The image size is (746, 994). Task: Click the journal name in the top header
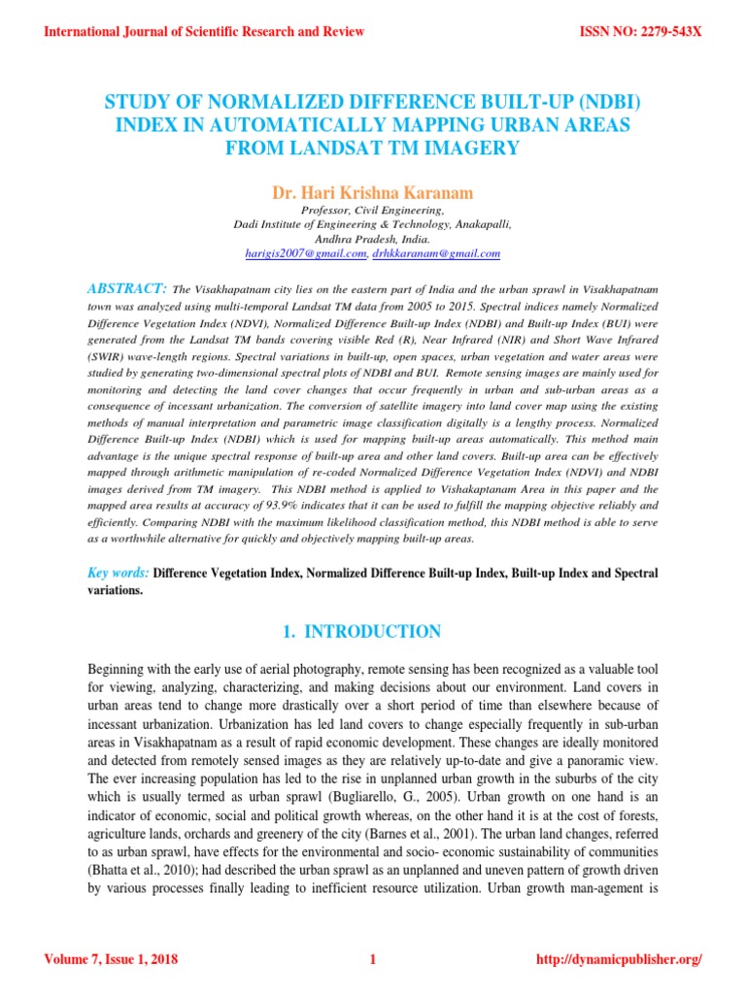pyautogui.click(x=205, y=32)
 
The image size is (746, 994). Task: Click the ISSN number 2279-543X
pyautogui.click(x=640, y=32)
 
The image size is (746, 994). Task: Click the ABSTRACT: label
pyautogui.click(x=128, y=288)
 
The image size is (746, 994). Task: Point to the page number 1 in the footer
pyautogui.click(x=372, y=961)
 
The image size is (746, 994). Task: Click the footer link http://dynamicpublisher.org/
pyautogui.click(x=619, y=961)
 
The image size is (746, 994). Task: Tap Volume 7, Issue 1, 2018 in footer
pyautogui.click(x=111, y=961)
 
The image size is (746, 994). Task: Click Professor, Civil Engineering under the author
pyautogui.click(x=373, y=210)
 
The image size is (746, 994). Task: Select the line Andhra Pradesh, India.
pyautogui.click(x=373, y=238)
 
